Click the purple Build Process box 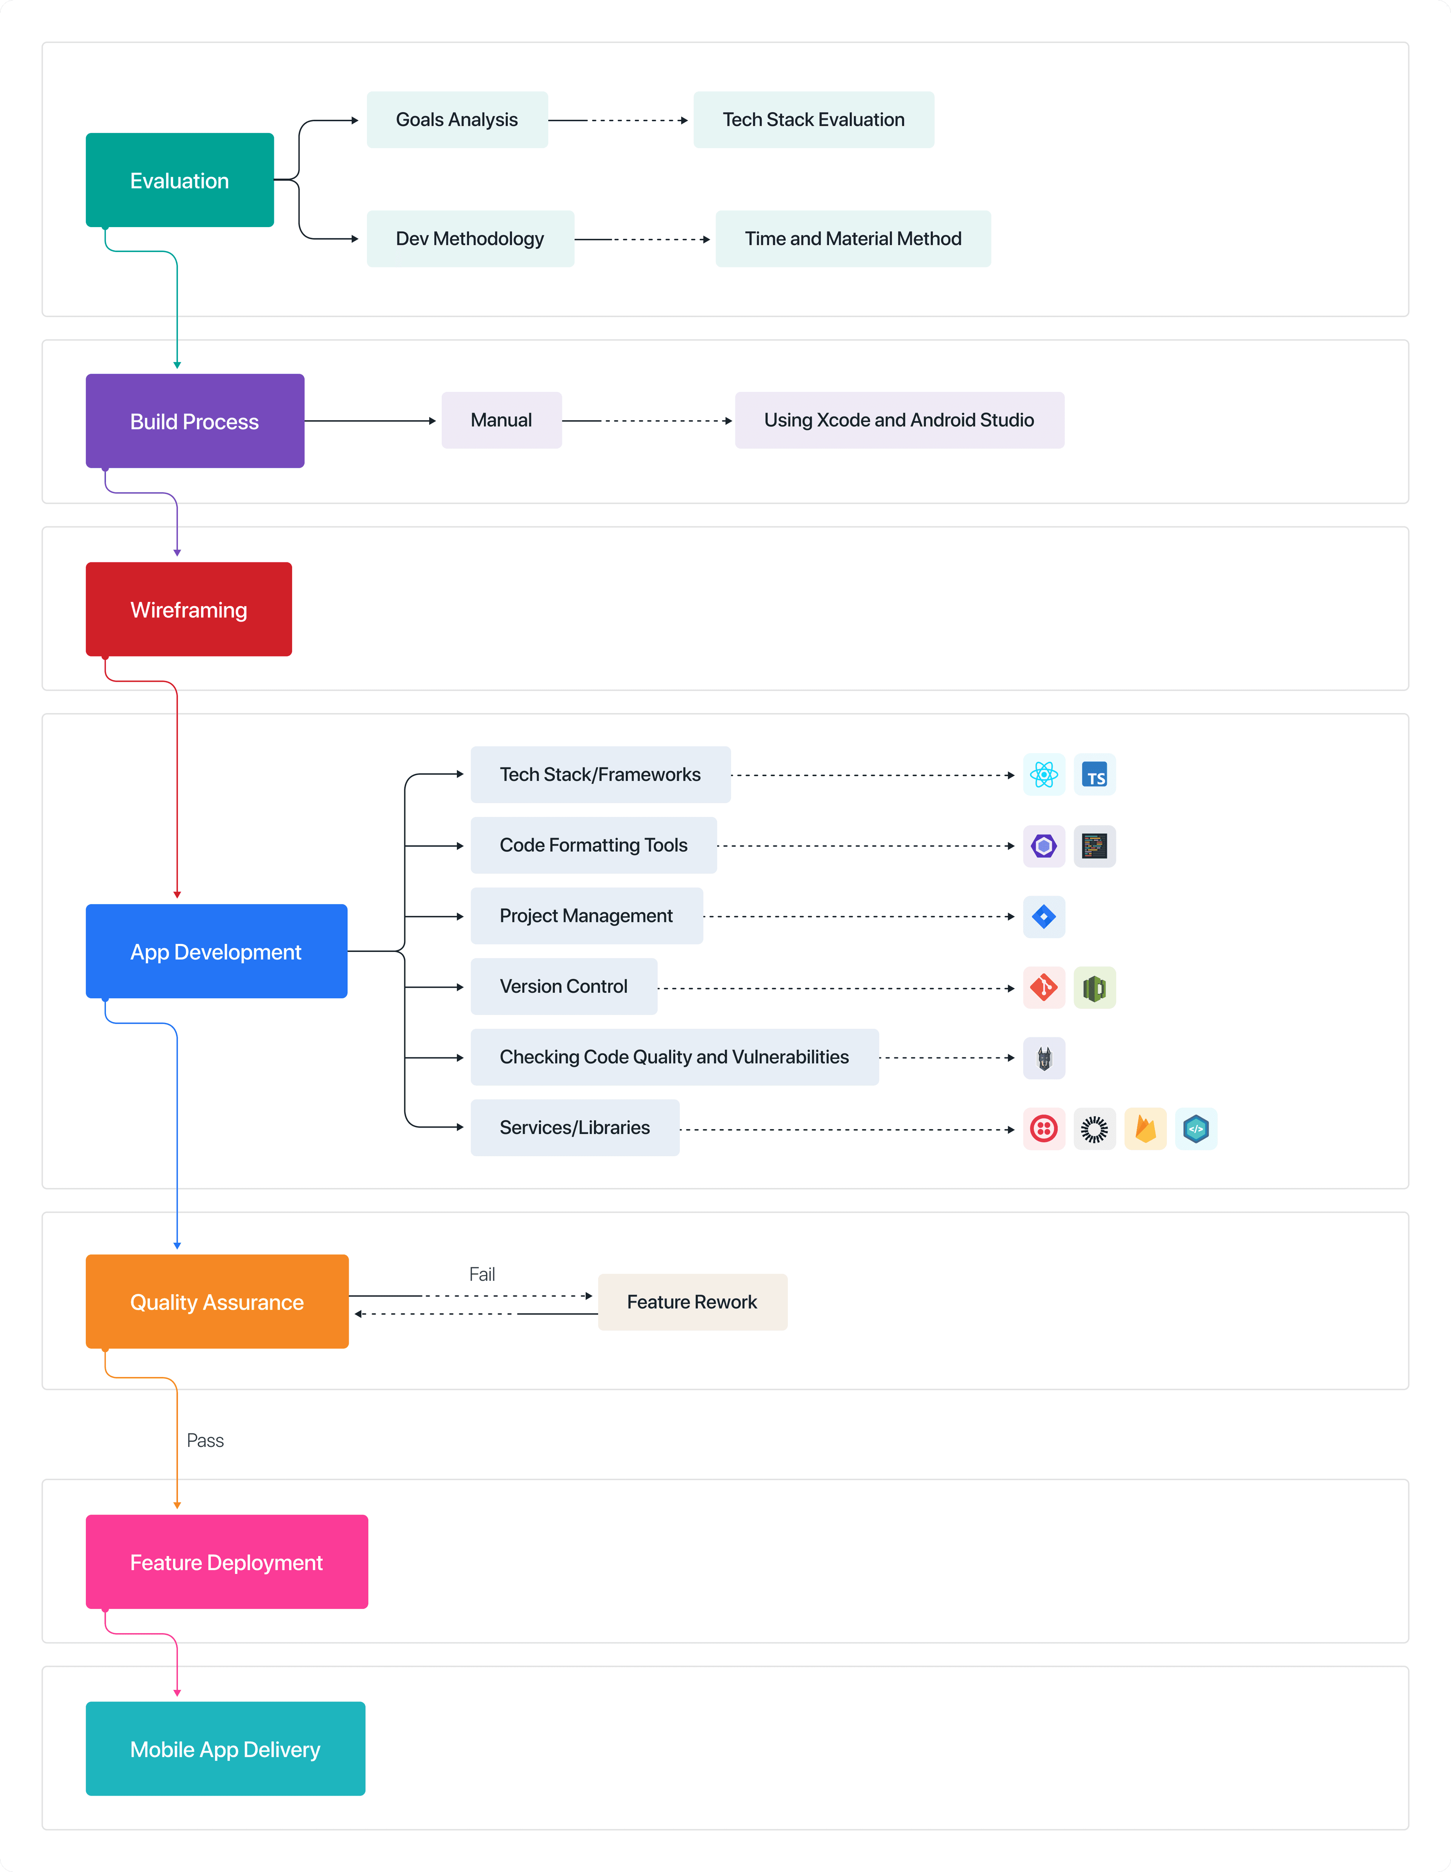[195, 421]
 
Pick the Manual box [501, 420]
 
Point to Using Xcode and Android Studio [899, 420]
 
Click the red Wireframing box [189, 610]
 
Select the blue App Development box [216, 951]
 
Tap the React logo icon [1044, 775]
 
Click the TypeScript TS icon [1094, 775]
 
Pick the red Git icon [1044, 987]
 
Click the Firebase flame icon [1145, 1129]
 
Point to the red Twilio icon [1044, 1129]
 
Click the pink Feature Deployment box [226, 1562]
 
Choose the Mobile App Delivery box [226, 1748]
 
